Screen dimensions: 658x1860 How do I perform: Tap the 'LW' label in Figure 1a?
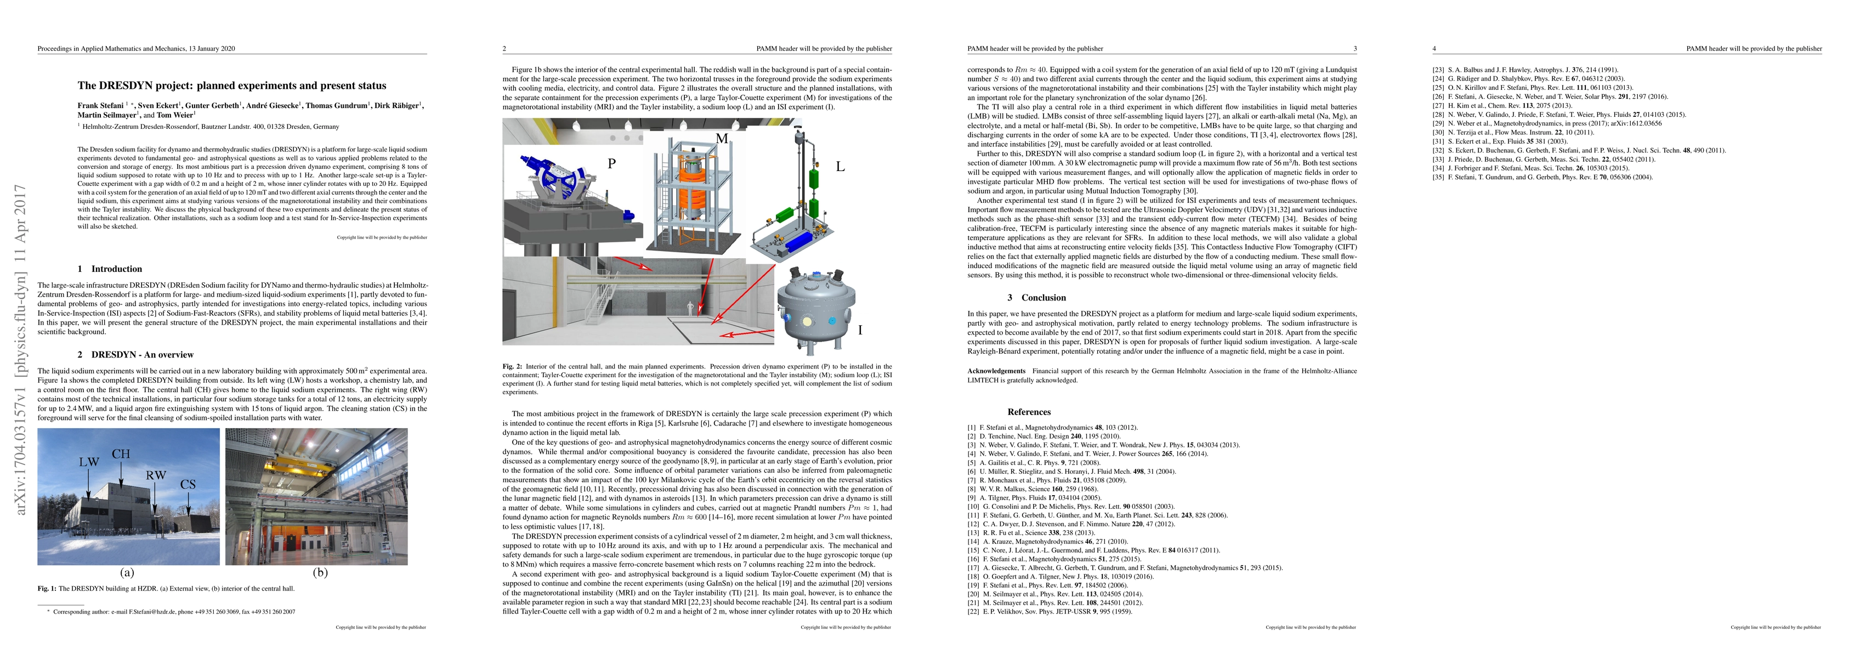(x=89, y=462)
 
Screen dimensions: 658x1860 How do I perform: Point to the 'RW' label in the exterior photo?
(x=156, y=475)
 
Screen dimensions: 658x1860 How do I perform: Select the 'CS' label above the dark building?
(x=188, y=485)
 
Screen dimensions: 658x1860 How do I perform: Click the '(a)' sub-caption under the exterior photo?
(x=127, y=573)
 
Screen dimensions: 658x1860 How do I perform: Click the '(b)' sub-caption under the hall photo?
(x=319, y=573)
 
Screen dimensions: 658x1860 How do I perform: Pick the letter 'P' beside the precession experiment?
(x=611, y=164)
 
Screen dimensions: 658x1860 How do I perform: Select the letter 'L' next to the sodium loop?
(x=840, y=167)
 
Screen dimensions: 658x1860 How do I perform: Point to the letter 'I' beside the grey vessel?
(x=860, y=330)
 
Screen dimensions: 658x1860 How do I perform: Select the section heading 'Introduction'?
(x=116, y=269)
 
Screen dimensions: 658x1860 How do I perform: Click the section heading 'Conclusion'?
(x=1044, y=298)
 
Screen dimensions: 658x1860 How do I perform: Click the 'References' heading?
(x=1029, y=412)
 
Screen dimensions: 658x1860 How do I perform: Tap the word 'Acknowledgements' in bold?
(x=996, y=371)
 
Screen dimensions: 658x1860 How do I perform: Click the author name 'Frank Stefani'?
(x=100, y=105)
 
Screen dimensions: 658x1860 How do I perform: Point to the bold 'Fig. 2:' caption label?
(x=513, y=367)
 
